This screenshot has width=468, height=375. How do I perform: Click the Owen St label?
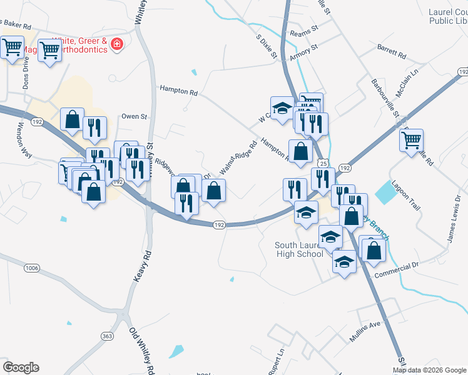point(134,116)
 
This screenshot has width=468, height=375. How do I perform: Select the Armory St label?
point(304,52)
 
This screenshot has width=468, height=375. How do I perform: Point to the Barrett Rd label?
point(392,51)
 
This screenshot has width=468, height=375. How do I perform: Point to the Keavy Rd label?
point(143,266)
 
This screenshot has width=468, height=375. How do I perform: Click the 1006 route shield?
point(33,268)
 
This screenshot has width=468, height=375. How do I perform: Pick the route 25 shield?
point(323,163)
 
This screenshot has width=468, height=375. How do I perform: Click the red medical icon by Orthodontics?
point(116,44)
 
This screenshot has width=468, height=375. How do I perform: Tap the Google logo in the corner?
point(21,367)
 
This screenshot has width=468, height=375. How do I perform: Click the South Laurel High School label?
point(299,249)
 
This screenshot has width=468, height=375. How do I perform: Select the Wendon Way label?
point(24,140)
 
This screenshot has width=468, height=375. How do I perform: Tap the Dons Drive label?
point(26,74)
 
